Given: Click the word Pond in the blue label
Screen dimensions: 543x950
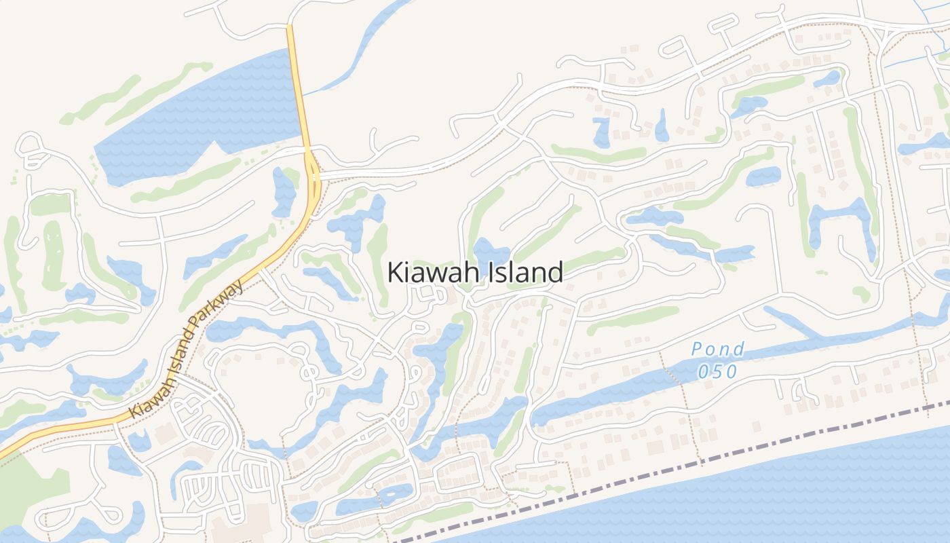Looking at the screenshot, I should click(x=717, y=350).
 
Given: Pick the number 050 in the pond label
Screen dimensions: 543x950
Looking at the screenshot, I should click(x=717, y=371).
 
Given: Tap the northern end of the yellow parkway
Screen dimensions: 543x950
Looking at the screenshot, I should click(x=290, y=31).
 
